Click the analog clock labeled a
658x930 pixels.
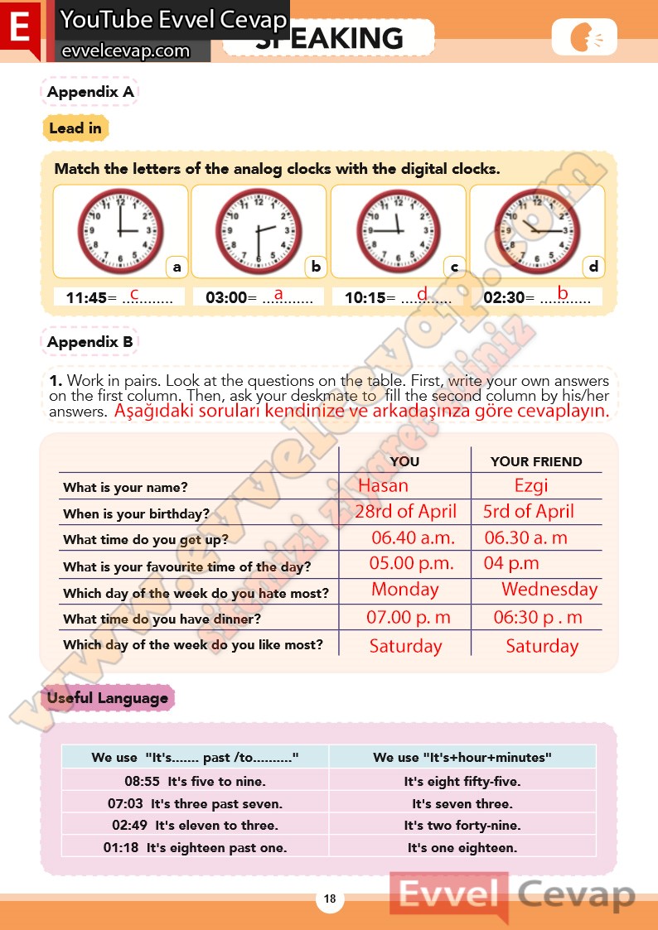(121, 231)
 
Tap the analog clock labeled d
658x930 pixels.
(538, 231)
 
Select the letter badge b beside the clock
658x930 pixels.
(315, 267)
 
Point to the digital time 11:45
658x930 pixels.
(86, 298)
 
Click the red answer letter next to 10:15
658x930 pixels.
(423, 294)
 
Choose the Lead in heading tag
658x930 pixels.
(75, 128)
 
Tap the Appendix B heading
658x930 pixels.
(90, 341)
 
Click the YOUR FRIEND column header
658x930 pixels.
(536, 461)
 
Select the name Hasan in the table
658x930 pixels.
(383, 485)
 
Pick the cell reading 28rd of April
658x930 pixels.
(405, 511)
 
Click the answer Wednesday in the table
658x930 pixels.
(549, 589)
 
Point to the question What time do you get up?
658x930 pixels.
(146, 540)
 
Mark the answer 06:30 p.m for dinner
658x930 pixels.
(538, 617)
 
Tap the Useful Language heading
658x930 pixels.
(108, 698)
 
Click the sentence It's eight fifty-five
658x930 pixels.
(462, 781)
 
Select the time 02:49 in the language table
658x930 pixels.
(131, 826)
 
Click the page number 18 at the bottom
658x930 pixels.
(330, 899)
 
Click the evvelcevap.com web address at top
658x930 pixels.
(126, 51)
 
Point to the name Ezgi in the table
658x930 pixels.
(531, 485)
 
